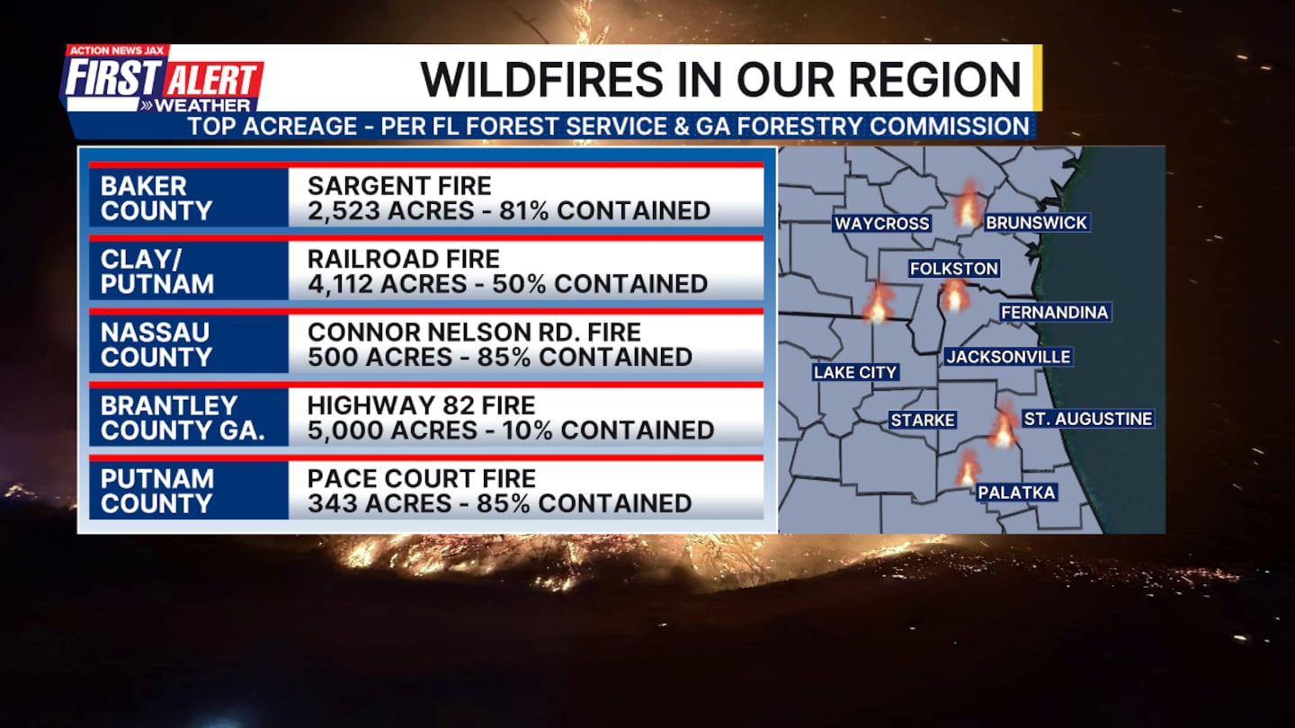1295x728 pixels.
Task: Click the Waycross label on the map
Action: (881, 223)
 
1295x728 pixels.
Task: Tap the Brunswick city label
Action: (1037, 223)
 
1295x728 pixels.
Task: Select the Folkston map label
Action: (954, 268)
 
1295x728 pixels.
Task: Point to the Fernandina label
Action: (1055, 312)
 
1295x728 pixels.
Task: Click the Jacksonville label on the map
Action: (1008, 357)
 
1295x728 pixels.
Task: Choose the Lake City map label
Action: (855, 372)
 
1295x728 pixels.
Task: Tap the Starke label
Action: (922, 420)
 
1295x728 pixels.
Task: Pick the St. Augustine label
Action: (1088, 418)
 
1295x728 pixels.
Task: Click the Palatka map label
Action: (1017, 493)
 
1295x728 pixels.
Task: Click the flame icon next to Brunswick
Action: (969, 204)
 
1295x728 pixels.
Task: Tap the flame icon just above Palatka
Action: (967, 467)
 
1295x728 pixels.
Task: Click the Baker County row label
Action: (156, 198)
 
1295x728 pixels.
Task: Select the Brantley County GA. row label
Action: (182, 418)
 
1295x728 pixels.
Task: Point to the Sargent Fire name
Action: (399, 186)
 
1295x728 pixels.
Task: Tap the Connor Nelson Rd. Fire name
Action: (474, 333)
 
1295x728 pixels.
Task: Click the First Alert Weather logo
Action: (162, 79)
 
